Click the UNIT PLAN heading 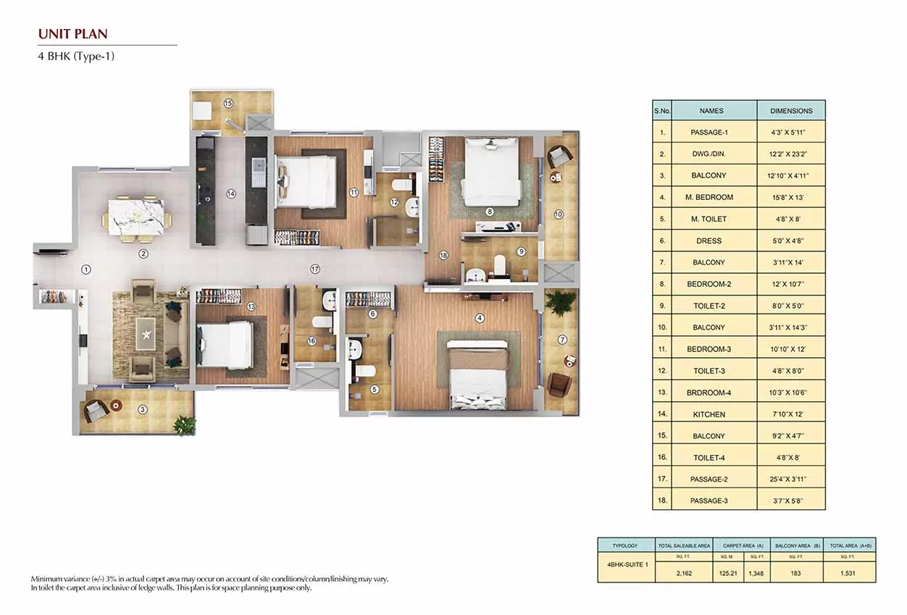tap(72, 33)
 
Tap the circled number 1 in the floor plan tap(85, 269)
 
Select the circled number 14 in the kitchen tap(230, 193)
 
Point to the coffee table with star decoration tap(147, 334)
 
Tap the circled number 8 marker tap(490, 212)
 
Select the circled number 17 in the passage tap(314, 269)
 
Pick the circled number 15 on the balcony tap(228, 104)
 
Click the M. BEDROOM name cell tap(714, 197)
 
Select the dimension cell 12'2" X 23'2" tap(791, 154)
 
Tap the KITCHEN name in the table tap(714, 414)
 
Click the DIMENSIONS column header tap(791, 111)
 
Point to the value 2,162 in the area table tap(684, 572)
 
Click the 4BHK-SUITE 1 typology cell tap(625, 562)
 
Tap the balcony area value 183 tap(796, 572)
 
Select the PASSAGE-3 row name tap(714, 501)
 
